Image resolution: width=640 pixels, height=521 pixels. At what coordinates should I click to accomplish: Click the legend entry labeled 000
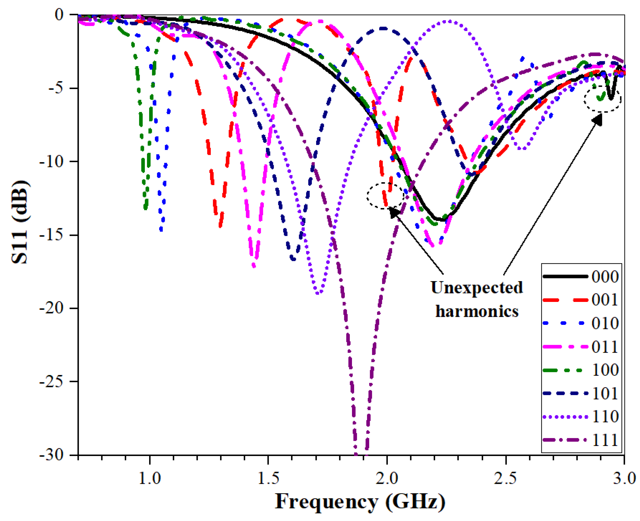point(581,276)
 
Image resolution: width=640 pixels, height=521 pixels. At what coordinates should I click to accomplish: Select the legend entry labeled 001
point(581,299)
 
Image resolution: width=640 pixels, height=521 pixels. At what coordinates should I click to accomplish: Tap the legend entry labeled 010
point(581,323)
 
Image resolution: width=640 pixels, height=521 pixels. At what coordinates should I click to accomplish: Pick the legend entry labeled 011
point(581,347)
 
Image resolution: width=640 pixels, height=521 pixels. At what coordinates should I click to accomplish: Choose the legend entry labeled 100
point(581,370)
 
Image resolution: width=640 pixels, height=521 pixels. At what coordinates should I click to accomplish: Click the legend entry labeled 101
point(581,393)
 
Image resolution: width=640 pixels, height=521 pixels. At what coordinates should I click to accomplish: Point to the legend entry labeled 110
point(581,417)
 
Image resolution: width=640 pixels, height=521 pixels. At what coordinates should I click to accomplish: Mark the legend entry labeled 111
point(581,440)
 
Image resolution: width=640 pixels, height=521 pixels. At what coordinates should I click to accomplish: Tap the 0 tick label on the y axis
point(59,14)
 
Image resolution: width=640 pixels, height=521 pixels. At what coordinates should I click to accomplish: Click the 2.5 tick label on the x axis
point(506,478)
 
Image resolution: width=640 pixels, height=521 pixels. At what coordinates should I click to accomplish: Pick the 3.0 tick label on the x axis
point(624,478)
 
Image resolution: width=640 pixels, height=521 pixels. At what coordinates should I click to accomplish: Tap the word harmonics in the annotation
point(477,311)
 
